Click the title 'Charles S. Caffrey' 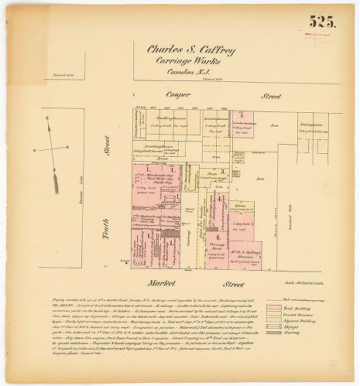coord(190,50)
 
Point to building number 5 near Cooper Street coord(242,114)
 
